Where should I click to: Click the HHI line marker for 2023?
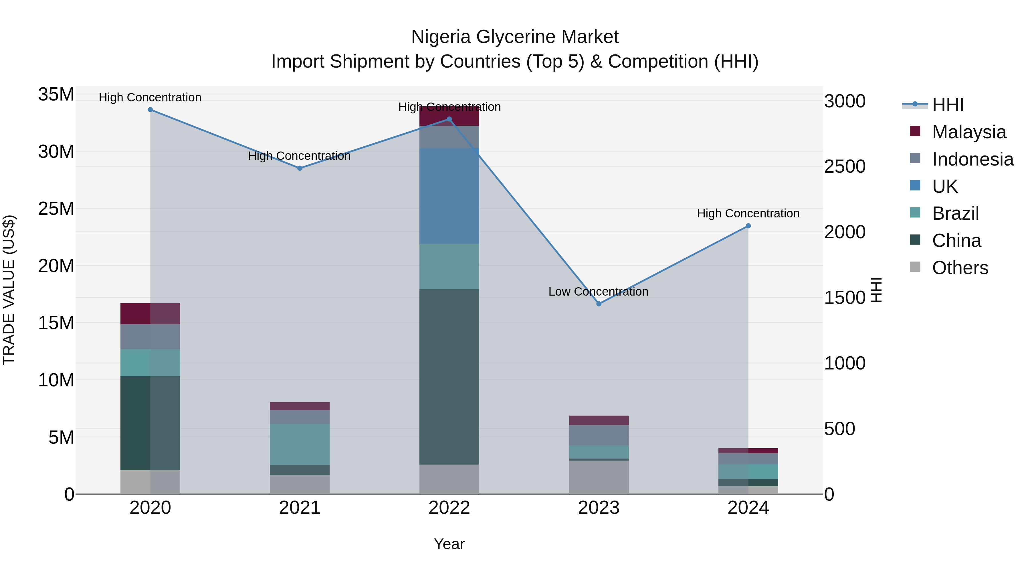(599, 304)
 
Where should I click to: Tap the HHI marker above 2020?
(150, 110)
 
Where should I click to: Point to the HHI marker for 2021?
(300, 168)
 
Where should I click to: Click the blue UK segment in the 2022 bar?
(449, 196)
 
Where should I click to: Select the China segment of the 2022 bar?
(449, 376)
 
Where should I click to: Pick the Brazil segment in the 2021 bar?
(300, 444)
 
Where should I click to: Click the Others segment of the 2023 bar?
(599, 477)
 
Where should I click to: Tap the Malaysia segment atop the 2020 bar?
(150, 313)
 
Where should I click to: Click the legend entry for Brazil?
(955, 213)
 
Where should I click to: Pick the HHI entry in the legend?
(948, 105)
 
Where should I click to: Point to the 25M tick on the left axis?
(56, 209)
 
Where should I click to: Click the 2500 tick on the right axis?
(845, 166)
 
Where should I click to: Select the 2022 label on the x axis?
(449, 508)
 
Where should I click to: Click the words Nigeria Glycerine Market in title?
(515, 37)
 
